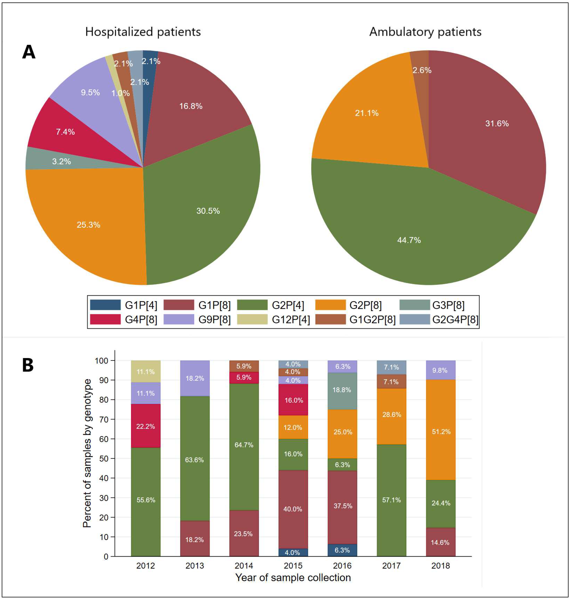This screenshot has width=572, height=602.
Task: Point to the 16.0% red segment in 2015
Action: (293, 400)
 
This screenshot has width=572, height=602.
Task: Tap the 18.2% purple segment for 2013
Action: (195, 378)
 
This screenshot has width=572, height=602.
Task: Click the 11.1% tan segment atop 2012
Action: (146, 372)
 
